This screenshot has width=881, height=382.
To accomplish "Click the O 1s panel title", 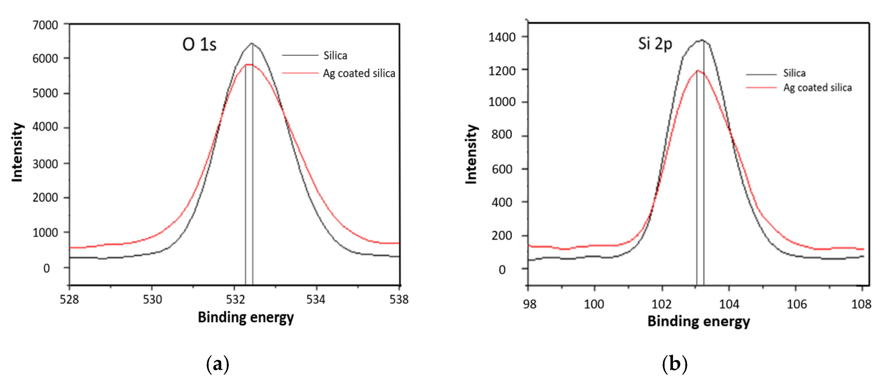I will pyautogui.click(x=199, y=44).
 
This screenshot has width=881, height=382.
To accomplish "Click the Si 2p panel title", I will pyautogui.click(x=655, y=44).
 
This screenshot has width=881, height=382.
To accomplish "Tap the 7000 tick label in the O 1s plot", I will pyautogui.click(x=45, y=25).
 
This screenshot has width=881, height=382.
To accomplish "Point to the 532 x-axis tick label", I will pyautogui.click(x=235, y=300).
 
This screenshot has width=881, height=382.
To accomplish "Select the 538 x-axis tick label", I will pyautogui.click(x=399, y=300).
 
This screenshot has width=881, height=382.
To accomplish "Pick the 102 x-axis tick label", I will pyautogui.click(x=661, y=304).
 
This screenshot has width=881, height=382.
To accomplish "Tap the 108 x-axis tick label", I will pyautogui.click(x=861, y=304).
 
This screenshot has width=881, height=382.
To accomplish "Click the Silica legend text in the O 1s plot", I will pyautogui.click(x=335, y=55).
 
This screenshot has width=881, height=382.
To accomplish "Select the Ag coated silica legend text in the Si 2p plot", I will pyautogui.click(x=817, y=88).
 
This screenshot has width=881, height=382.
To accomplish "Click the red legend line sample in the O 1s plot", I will pyautogui.click(x=300, y=73).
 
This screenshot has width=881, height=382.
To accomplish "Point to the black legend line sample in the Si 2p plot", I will pyautogui.click(x=761, y=74).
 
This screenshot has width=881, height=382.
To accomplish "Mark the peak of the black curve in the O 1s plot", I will pyautogui.click(x=252, y=43).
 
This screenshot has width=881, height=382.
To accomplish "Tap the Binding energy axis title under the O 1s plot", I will pyautogui.click(x=246, y=317).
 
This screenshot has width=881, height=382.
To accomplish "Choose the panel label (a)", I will pyautogui.click(x=218, y=364).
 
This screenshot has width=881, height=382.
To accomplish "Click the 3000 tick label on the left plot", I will pyautogui.click(x=45, y=164).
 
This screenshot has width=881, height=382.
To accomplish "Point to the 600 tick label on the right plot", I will pyautogui.click(x=502, y=169).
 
